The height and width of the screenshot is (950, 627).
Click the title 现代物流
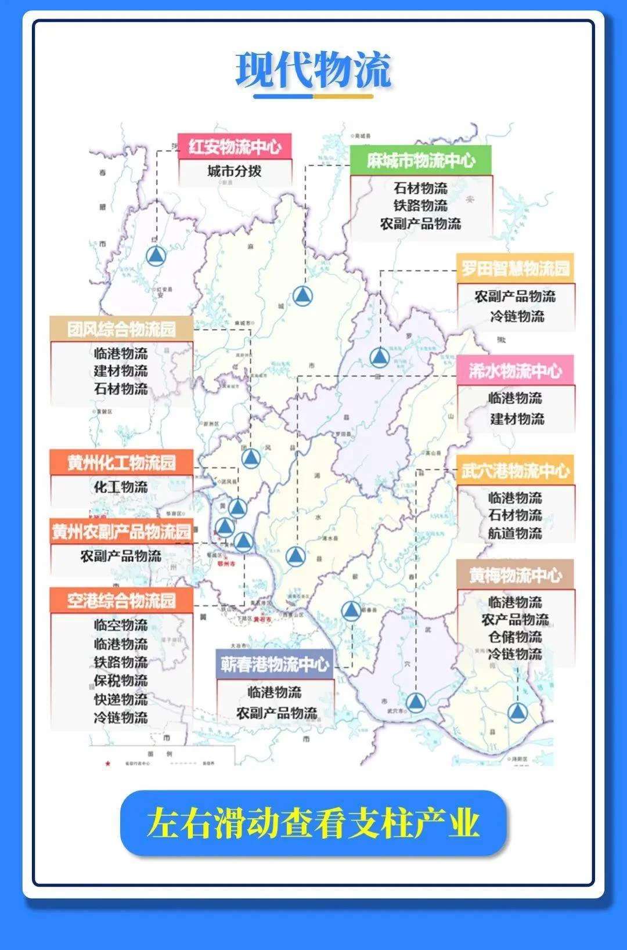point(313,70)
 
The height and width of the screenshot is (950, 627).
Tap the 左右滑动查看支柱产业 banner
point(313,822)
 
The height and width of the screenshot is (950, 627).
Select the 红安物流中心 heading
point(235,146)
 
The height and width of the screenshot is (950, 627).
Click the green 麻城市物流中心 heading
point(421,160)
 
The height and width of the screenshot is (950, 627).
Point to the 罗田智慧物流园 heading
point(516,269)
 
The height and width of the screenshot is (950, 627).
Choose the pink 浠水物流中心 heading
point(516,370)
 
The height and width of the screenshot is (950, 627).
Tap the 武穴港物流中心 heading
point(516,471)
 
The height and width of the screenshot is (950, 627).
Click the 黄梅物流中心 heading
point(516,575)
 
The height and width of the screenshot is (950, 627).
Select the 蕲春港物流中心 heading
point(275,664)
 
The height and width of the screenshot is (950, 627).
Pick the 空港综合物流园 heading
point(121,600)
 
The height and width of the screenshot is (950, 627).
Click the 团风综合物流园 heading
point(121,329)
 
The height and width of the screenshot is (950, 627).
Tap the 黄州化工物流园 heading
point(121,463)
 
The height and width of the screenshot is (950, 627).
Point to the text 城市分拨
point(235,171)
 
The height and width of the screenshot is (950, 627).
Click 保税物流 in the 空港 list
point(121,681)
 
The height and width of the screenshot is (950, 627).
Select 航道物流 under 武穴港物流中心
point(516,533)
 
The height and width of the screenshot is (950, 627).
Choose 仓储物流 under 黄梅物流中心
point(516,637)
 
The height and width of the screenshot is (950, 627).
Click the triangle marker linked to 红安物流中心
point(156,255)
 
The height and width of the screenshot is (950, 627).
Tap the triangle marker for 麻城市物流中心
point(302,296)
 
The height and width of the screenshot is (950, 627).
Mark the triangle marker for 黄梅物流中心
point(517,711)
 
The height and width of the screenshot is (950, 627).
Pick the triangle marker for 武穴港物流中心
point(415,703)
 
